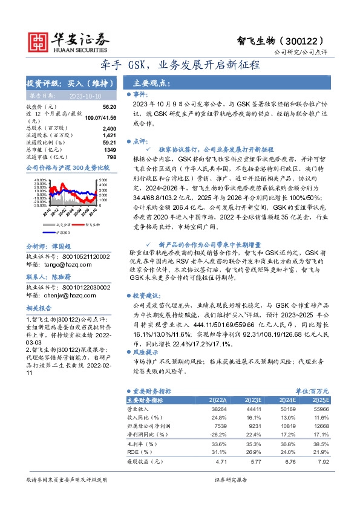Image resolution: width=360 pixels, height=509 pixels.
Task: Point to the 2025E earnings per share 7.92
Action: pyautogui.click(x=324, y=462)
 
